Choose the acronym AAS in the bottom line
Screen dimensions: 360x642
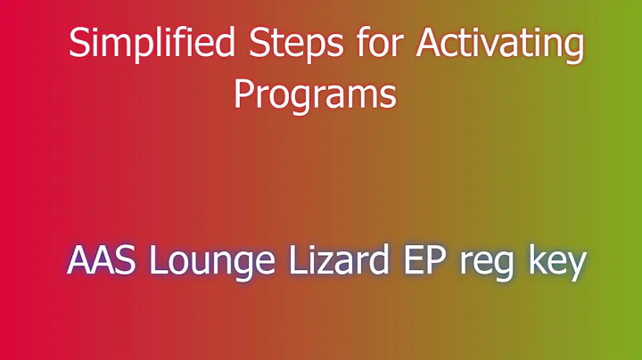[x=99, y=262]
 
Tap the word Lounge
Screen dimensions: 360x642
[x=203, y=262]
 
